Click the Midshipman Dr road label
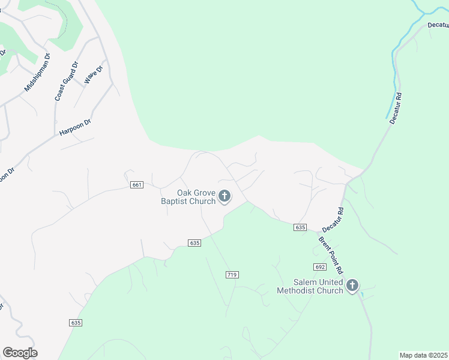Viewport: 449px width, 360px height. point(37,73)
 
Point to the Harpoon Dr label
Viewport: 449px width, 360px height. point(74,127)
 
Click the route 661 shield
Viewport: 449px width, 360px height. point(136,185)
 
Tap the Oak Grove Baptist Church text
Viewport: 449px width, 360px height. point(188,197)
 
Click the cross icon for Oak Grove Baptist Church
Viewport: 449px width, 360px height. point(224,196)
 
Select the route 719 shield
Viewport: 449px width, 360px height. point(232,274)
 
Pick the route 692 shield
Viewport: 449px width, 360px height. point(319,266)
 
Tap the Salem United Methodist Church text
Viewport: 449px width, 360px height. point(310,286)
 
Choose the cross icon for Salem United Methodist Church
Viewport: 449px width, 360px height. point(352,286)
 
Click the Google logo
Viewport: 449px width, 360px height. point(20,352)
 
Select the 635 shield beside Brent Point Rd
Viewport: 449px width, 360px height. point(301,227)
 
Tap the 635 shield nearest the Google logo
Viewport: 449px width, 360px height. point(76,322)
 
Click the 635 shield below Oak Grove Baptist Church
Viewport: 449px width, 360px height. point(194,242)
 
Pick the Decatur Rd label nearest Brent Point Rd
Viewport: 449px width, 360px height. point(333,220)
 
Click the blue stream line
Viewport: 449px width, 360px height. point(396,72)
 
